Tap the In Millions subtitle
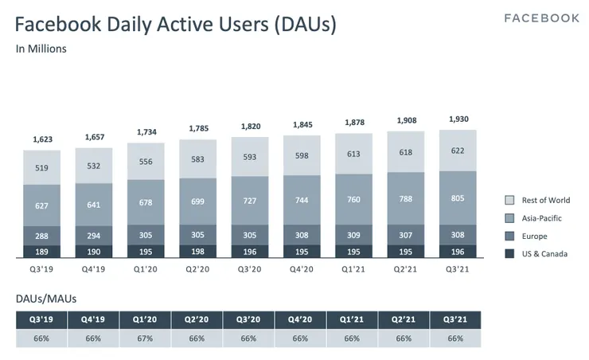(x=41, y=49)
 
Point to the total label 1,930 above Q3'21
(x=457, y=119)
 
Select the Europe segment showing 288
(x=41, y=237)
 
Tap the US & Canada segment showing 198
(x=197, y=252)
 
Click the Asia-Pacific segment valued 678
(x=146, y=202)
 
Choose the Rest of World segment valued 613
(x=353, y=154)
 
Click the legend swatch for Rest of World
(x=510, y=200)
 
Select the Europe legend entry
(x=534, y=236)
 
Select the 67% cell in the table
(x=145, y=338)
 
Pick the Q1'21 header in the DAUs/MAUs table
(x=353, y=320)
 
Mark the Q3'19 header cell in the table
(x=41, y=320)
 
